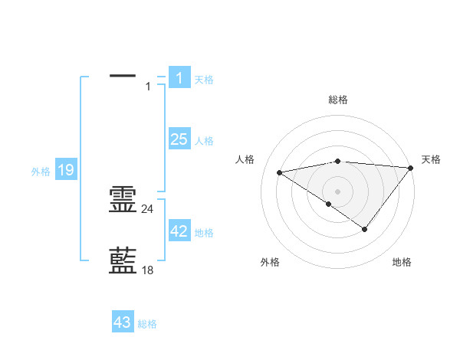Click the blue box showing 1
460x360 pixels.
coord(179,77)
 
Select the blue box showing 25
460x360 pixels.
coord(179,139)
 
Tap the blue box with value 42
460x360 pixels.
coord(179,231)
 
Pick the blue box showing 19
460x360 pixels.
coord(66,170)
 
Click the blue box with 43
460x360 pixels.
coord(123,322)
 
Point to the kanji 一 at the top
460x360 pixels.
coord(123,76)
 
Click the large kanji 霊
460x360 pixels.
coord(123,200)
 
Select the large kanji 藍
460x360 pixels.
coord(123,260)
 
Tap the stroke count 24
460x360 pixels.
coord(148,208)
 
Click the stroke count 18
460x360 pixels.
coord(148,270)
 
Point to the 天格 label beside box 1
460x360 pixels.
coord(204,79)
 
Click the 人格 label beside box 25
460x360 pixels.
coord(204,141)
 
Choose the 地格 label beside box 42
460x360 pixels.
coord(204,233)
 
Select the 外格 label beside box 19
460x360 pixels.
coord(41,172)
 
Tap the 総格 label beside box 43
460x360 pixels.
coord(147,324)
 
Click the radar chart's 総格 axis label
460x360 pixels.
coord(337,100)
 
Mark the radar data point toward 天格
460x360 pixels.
coord(411,168)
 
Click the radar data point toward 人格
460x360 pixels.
coord(280,172)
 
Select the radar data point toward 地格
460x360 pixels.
coord(365,229)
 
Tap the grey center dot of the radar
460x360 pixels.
coord(337,191)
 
